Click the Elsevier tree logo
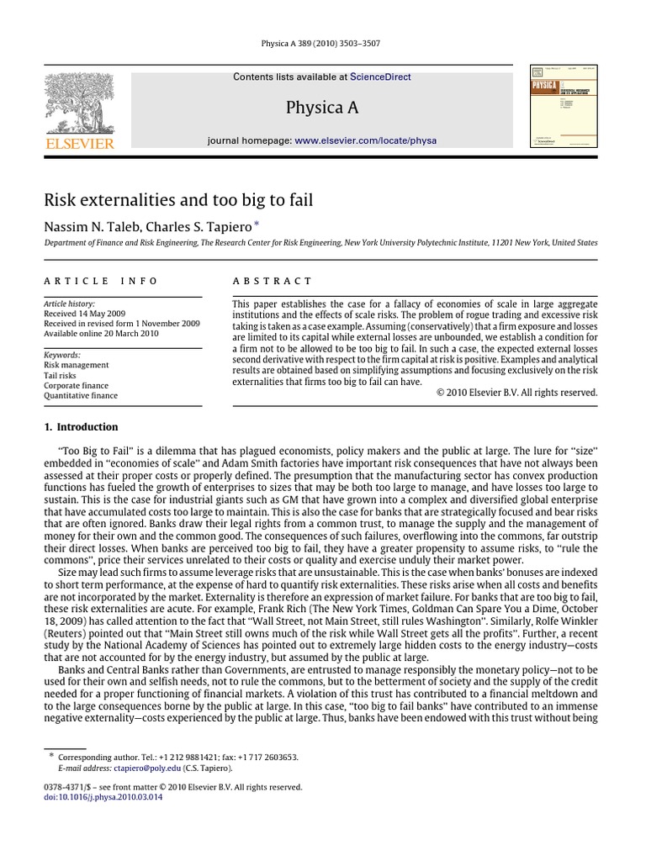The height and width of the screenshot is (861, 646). [x=80, y=103]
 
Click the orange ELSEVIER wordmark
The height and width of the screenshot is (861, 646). [x=80, y=144]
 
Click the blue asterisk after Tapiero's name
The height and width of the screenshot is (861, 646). [x=257, y=223]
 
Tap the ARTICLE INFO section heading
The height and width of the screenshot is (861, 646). [x=100, y=281]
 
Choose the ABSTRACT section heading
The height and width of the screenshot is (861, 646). [x=272, y=281]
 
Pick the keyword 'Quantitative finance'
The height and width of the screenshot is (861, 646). [x=81, y=395]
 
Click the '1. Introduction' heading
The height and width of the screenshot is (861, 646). [x=81, y=426]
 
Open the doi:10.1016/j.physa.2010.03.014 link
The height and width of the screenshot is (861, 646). [x=103, y=796]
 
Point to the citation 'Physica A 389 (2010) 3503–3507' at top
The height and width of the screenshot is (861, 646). [x=322, y=43]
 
